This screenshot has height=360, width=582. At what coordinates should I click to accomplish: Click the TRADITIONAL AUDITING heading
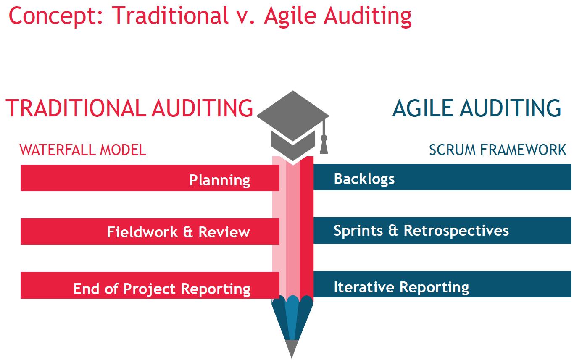129,108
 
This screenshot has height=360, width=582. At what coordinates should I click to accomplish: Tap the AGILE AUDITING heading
477,108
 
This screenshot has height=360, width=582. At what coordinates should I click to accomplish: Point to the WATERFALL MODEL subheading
83,150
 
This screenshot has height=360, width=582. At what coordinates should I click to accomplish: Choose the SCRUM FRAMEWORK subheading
498,150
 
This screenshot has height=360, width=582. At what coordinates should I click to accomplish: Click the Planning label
219,180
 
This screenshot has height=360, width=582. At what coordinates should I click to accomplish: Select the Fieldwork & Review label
178,232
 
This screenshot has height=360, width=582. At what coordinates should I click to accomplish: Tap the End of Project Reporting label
162,289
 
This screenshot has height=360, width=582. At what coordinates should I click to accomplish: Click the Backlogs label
364,179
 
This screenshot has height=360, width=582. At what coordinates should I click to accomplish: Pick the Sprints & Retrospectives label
421,231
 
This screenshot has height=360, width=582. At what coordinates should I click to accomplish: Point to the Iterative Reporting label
401,287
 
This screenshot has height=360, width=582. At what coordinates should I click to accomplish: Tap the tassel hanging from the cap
324,143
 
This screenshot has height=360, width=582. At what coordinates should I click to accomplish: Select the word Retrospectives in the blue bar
456,231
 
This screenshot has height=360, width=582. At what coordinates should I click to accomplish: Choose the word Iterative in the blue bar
364,287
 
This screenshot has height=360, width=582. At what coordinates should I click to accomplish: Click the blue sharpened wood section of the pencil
292,319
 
